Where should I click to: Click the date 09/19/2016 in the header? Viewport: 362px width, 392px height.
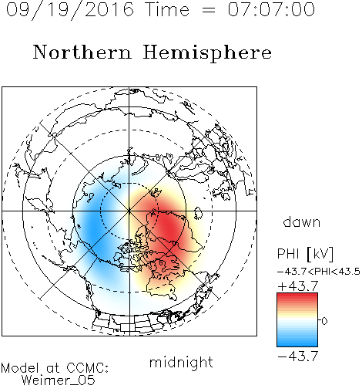[x=70, y=10]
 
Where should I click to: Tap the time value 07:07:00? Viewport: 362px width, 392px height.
[x=271, y=9]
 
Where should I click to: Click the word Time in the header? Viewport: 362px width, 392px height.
[x=167, y=9]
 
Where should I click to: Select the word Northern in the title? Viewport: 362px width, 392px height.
[x=82, y=52]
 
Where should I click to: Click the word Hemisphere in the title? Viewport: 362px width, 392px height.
[x=207, y=53]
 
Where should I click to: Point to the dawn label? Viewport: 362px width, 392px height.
[x=302, y=221]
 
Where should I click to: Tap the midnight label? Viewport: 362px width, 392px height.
[x=181, y=362]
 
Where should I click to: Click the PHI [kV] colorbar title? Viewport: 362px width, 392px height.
[x=305, y=254]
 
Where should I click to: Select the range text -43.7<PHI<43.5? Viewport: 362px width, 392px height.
[x=319, y=272]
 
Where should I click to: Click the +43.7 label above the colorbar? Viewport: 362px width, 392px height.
[x=298, y=286]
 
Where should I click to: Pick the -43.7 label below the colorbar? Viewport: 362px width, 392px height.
[x=298, y=356]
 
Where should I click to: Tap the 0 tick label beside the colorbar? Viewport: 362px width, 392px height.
[x=324, y=321]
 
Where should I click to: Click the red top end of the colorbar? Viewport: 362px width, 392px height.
[x=297, y=295]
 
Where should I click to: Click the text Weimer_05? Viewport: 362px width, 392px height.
[x=59, y=380]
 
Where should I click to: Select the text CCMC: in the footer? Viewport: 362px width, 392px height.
[x=87, y=368]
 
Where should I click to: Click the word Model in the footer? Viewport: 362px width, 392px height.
[x=20, y=368]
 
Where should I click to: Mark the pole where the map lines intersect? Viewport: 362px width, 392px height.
[x=129, y=211]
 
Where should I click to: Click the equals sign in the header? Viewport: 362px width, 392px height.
[x=208, y=10]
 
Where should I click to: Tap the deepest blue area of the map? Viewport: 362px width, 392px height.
[x=94, y=229]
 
